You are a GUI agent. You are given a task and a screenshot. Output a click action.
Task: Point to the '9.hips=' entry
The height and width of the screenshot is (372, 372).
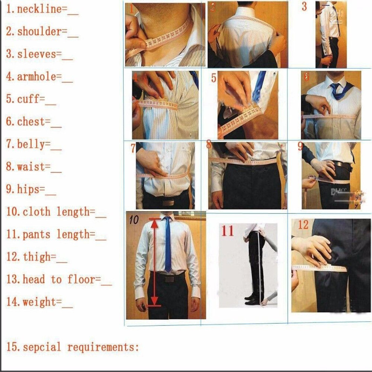tap(31, 189)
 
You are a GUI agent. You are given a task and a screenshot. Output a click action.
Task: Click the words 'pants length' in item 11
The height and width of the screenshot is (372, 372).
tap(59, 234)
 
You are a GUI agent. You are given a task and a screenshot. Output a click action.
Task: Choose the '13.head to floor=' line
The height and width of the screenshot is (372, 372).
tap(59, 279)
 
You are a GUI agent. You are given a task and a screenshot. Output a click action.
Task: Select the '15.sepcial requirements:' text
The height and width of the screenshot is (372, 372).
tap(73, 347)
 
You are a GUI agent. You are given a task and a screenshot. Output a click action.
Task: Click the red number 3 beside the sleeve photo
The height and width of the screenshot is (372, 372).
tap(304, 7)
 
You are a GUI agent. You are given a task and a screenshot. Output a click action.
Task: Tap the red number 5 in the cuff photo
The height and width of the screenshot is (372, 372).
tap(214, 78)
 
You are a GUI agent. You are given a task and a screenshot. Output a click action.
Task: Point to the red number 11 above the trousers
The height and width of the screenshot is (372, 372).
tap(227, 231)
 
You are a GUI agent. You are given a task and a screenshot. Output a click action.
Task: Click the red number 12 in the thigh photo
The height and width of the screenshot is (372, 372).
tap(303, 225)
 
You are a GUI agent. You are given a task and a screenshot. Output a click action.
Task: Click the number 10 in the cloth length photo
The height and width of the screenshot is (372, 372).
tap(134, 220)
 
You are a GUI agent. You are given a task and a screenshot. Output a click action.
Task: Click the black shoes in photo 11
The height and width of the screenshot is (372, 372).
tap(251, 298)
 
